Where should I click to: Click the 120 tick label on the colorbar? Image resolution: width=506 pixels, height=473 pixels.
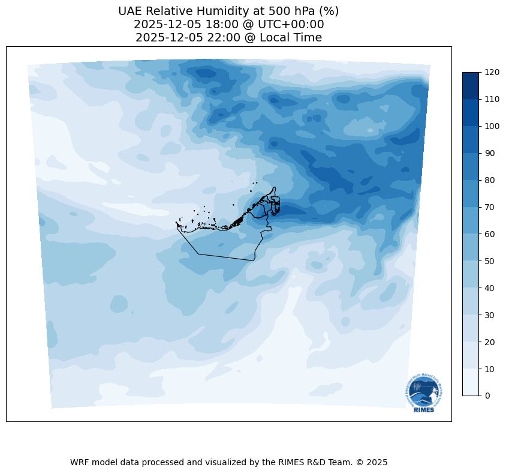492,72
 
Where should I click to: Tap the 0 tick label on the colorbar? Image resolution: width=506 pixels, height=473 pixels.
488,396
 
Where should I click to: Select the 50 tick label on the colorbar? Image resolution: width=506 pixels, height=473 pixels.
490,261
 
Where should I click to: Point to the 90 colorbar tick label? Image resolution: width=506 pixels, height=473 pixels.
490,153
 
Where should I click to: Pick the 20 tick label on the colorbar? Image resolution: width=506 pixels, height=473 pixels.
490,342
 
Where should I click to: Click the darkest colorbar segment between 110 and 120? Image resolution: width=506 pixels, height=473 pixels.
471,85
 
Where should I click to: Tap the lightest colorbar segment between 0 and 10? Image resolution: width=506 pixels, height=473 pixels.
471,382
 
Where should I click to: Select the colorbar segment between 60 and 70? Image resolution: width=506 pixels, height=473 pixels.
471,220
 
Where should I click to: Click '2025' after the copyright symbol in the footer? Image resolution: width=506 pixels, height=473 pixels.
377,462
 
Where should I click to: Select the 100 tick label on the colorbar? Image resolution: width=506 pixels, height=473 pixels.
492,126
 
